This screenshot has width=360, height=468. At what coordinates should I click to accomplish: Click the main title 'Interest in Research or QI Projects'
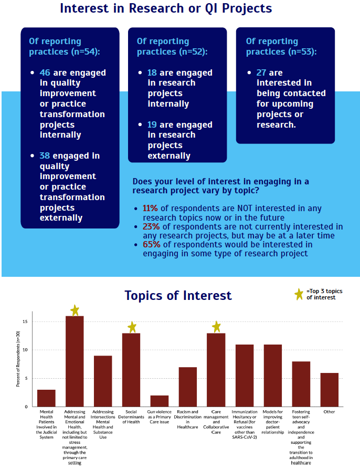tap(166, 9)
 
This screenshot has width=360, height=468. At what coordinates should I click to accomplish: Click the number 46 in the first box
tap(45, 73)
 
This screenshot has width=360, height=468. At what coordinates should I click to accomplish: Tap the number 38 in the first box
tap(45, 156)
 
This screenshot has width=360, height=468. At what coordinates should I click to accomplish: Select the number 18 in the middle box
tap(153, 73)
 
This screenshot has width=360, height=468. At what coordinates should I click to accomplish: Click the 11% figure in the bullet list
tap(151, 209)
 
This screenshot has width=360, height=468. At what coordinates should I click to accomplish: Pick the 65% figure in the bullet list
tap(151, 245)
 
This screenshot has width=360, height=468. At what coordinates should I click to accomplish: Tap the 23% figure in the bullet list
tap(151, 227)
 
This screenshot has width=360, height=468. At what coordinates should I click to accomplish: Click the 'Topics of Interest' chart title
tap(178, 296)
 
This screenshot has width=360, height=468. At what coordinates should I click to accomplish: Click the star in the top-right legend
tap(299, 294)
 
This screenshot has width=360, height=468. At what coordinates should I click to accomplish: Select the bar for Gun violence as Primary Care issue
tap(160, 401)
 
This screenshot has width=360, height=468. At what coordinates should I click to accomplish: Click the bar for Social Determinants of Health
tap(131, 370)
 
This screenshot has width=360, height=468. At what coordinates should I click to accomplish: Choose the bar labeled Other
tap(330, 390)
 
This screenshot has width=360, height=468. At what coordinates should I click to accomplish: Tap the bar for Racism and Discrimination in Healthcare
tap(188, 387)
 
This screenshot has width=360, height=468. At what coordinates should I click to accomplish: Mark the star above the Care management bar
tap(216, 327)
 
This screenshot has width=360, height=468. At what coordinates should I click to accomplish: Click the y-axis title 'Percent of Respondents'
tap(18, 362)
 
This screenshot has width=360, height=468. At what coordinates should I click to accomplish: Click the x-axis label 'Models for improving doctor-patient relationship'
tap(273, 422)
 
